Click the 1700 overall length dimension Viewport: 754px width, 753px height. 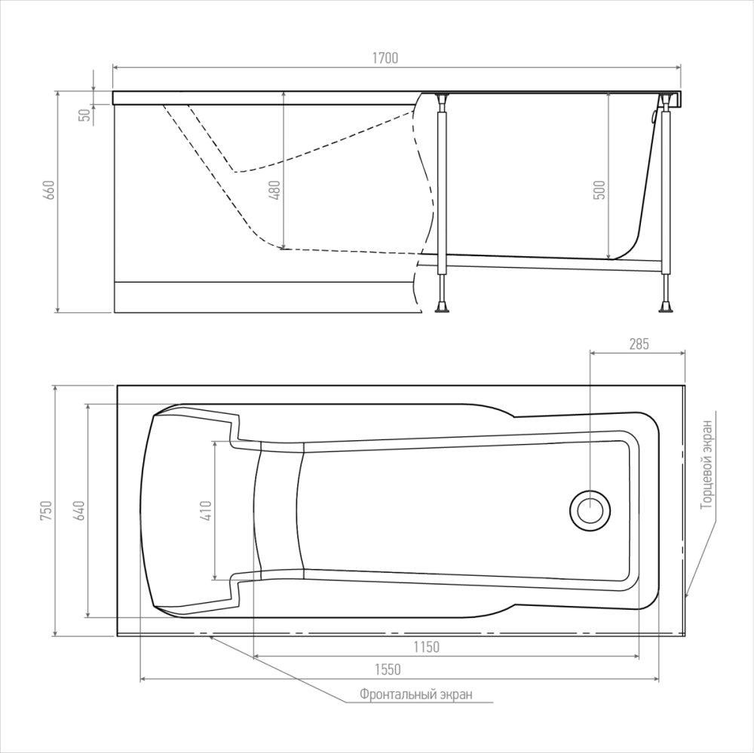click(385, 58)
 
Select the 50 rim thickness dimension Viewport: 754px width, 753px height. click(84, 115)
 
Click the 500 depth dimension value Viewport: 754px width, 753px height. click(599, 190)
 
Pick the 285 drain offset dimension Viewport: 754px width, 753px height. click(639, 344)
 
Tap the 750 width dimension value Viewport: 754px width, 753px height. click(46, 510)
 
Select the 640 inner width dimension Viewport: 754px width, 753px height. click(80, 510)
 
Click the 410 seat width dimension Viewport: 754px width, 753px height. click(206, 510)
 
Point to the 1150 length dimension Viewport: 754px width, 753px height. click(427, 647)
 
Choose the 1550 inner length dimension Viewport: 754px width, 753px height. click(388, 669)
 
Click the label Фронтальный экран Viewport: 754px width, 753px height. click(416, 694)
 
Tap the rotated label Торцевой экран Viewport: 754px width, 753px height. click(706, 464)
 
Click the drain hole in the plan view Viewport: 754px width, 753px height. click(590, 510)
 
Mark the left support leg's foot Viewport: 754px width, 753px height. click(443, 307)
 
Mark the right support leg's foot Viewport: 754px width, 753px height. click(666, 307)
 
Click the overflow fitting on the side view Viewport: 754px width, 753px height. click(653, 116)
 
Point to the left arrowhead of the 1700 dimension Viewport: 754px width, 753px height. click(116, 68)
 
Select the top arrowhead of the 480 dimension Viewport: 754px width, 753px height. click(284, 95)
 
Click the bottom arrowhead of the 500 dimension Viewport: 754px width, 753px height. click(608, 256)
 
